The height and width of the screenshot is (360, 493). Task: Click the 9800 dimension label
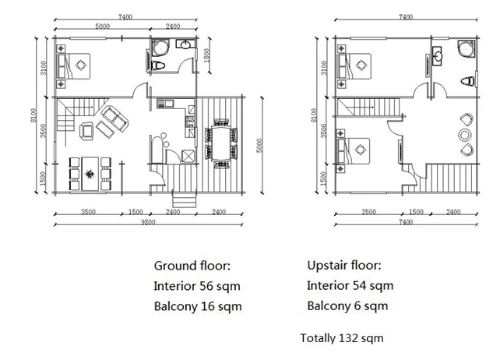click(148, 222)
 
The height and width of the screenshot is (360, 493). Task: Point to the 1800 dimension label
click(206, 55)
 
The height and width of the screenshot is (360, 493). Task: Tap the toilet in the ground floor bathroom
click(158, 65)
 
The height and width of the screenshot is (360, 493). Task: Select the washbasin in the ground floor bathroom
click(185, 44)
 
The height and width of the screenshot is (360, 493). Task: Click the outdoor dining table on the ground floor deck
click(222, 144)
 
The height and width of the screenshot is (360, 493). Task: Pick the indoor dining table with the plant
click(90, 174)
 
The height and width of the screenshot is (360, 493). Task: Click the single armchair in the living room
click(86, 131)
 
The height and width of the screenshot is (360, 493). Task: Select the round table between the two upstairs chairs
click(465, 136)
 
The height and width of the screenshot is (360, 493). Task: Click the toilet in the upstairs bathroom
click(468, 81)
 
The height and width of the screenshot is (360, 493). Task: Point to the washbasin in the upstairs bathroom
click(438, 56)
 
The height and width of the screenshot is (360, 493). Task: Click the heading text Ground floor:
click(192, 266)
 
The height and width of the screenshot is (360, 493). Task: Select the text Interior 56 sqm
click(197, 286)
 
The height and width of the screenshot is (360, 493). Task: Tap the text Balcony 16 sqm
click(198, 306)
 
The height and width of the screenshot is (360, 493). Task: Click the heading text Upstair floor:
click(344, 266)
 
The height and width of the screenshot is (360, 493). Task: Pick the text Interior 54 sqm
click(350, 286)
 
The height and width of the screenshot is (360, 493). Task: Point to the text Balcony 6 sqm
click(347, 306)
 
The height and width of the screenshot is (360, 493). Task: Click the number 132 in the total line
click(347, 338)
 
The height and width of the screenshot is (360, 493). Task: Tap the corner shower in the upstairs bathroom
click(466, 49)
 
